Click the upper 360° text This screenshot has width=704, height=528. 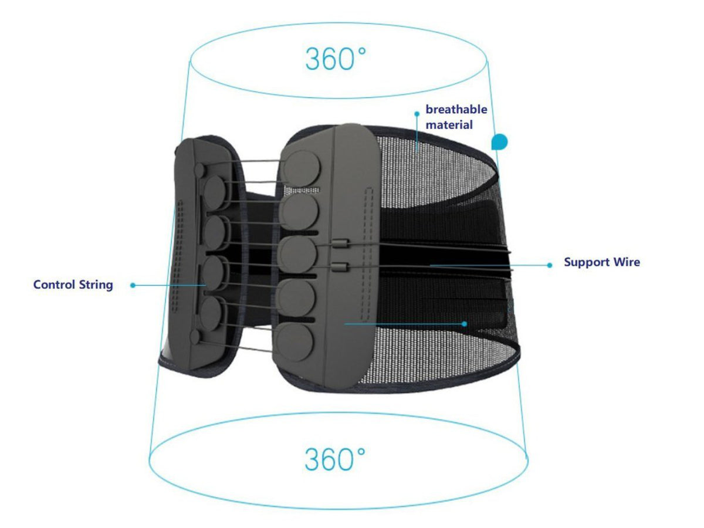pos(336,59)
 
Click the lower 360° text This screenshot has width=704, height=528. pos(335,459)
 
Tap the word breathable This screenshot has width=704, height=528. pos(456,109)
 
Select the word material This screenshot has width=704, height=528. pos(449,125)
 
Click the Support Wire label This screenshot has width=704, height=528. pos(602,262)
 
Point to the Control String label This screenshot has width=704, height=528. pos(73,285)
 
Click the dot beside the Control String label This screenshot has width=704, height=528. pos(133,285)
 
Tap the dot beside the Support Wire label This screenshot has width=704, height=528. pos(549,265)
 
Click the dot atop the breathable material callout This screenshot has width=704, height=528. pos(417,114)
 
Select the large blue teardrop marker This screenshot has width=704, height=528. pos(500,142)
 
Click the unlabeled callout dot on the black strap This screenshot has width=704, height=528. pos(464,324)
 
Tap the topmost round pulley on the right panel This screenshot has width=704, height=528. pos(301,168)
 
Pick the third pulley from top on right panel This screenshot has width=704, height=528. pos(297,254)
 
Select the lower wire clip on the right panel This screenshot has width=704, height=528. pos(340,266)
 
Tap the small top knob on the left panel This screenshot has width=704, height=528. pos(199,170)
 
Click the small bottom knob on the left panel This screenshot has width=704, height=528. pos(195,337)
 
